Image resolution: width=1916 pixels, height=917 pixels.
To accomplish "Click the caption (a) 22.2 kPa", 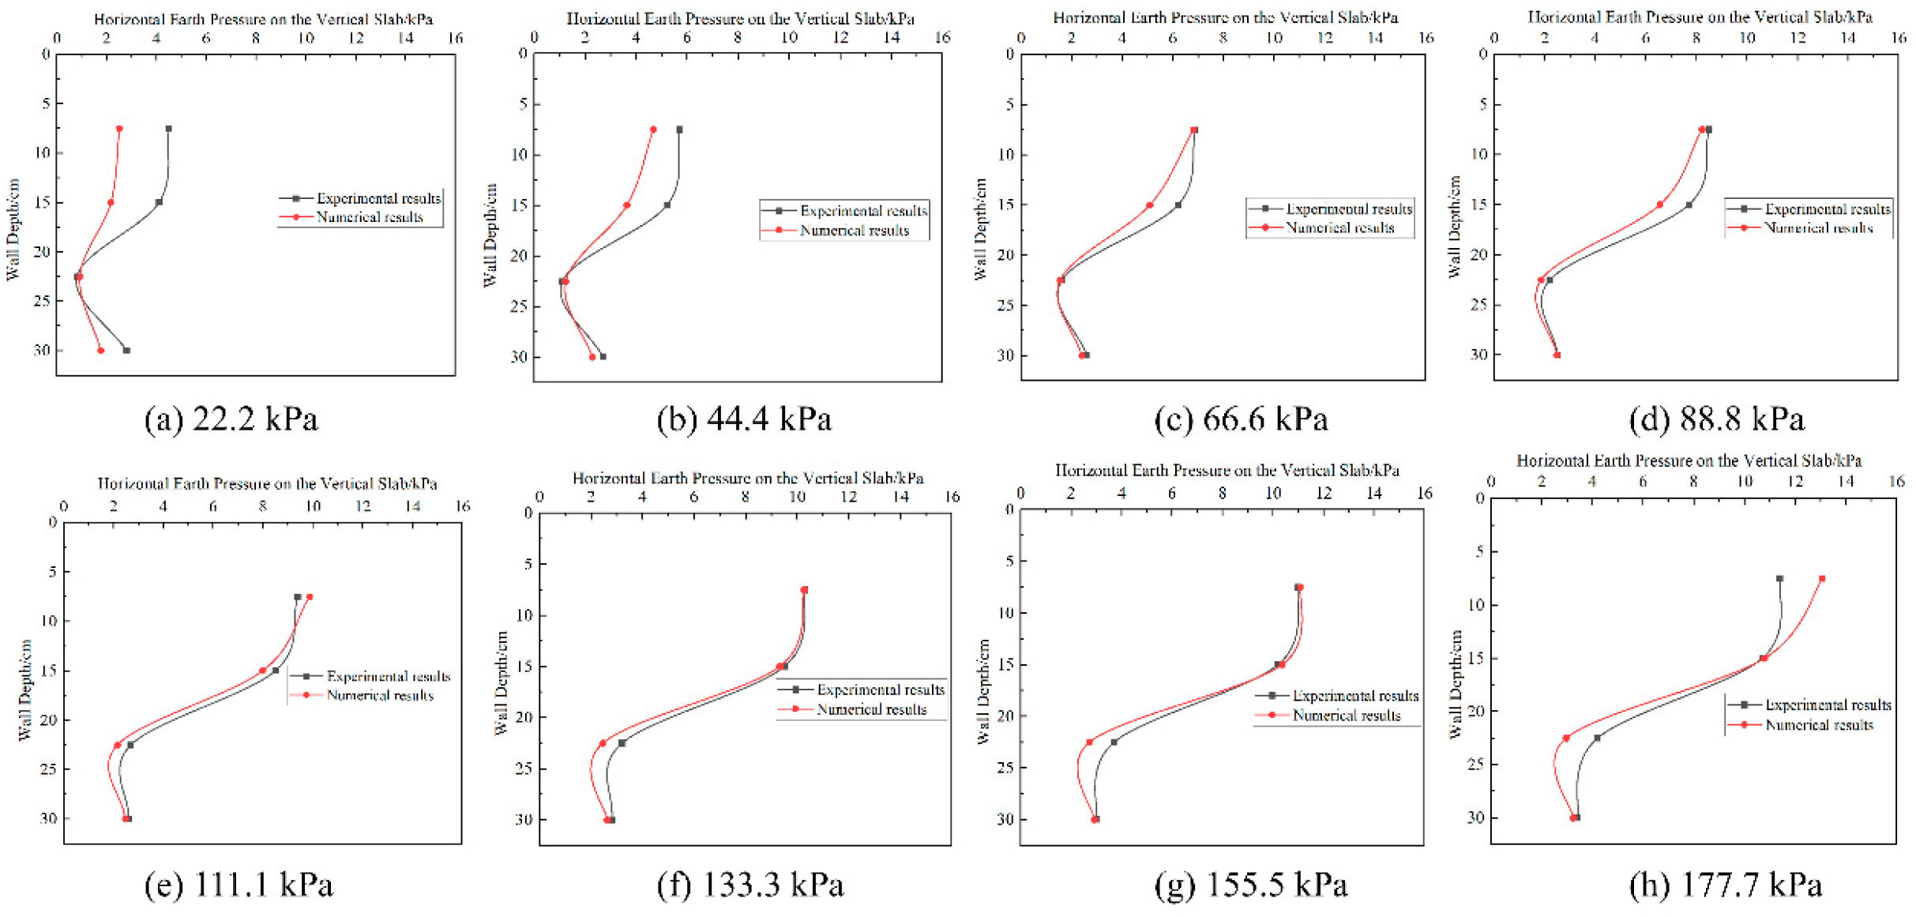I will point(231,419).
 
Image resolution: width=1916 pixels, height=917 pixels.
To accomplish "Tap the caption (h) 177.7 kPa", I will point(1725,885).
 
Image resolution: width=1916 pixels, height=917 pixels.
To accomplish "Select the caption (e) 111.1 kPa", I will point(239,885).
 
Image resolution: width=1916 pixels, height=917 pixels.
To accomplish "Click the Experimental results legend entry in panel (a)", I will point(378,198).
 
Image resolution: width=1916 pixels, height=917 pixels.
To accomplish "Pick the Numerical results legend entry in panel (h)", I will point(1818,724).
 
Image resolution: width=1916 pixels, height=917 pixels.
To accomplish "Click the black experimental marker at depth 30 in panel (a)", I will point(126,350).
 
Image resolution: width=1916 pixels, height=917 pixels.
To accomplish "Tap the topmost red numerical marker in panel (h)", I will point(1822,579).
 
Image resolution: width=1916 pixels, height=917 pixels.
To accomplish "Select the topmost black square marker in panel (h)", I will point(1779,579).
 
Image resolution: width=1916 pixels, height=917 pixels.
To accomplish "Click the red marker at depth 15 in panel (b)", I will point(627,205).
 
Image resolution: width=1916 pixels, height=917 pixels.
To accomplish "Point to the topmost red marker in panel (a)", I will point(119,128).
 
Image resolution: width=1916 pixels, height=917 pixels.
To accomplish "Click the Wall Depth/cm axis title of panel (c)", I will point(980,229).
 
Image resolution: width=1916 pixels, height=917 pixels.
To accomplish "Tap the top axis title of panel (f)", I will point(747,478).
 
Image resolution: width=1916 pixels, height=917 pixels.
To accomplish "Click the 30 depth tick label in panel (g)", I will point(1005,819).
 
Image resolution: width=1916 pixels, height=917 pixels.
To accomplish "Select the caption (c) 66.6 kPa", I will point(1241,419).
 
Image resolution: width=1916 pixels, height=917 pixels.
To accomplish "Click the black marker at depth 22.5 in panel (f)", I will point(622,743).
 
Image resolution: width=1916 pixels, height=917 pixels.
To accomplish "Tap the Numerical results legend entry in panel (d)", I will point(1818,228).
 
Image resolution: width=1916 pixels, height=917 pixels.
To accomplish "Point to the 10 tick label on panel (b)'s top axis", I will point(788,37).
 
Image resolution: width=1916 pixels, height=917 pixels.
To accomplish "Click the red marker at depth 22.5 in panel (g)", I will point(1090,742).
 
